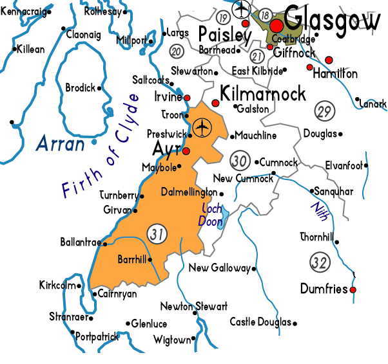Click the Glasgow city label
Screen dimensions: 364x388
332,21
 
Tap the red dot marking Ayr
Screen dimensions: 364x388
186,151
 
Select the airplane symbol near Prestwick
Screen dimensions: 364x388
202,127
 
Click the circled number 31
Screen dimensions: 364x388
157,234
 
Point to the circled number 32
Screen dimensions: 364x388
319,261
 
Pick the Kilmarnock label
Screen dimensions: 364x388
263,94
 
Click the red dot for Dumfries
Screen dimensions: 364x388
353,290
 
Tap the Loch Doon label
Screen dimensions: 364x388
211,215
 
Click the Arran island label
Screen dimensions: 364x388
61,143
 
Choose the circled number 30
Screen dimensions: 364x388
240,160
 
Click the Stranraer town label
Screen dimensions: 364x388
68,316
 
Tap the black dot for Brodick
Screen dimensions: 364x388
99,89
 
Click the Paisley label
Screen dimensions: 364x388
224,33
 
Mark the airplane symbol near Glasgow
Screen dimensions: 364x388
242,10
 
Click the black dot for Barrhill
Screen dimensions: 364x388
151,260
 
